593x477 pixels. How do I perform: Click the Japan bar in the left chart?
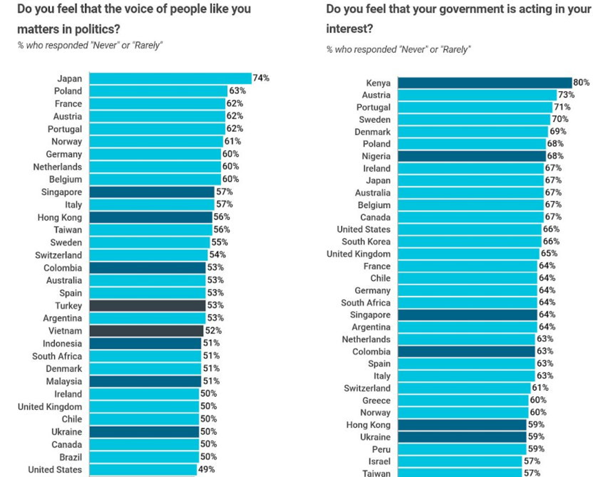point(171,79)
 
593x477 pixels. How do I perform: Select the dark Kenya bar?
point(485,83)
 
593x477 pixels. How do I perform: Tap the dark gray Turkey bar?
point(147,305)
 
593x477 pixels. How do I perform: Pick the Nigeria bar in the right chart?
point(472,156)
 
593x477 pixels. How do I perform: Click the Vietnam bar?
point(146,330)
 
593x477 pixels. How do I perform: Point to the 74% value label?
point(261,78)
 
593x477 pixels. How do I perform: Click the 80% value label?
point(582,83)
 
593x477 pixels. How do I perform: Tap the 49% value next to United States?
point(206,469)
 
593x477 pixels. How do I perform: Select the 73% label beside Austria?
point(566,95)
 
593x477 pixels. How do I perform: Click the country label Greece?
point(376,400)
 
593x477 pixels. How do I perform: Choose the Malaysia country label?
point(64,381)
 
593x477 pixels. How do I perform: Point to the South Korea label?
point(366,241)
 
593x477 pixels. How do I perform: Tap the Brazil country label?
point(71,457)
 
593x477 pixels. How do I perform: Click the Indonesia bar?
point(145,344)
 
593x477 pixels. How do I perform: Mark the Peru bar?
point(462,449)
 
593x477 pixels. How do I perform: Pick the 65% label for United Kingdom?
point(549,253)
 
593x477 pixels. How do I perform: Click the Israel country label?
point(380,461)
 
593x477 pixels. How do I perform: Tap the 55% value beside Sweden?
point(219,242)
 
